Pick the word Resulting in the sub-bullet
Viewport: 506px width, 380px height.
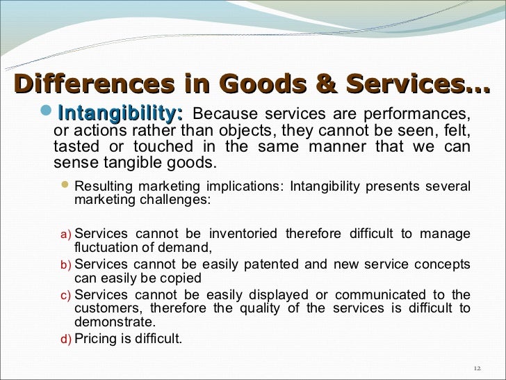click(x=102, y=187)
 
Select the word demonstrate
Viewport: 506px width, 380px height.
click(x=115, y=322)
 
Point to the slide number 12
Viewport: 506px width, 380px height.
click(x=476, y=368)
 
